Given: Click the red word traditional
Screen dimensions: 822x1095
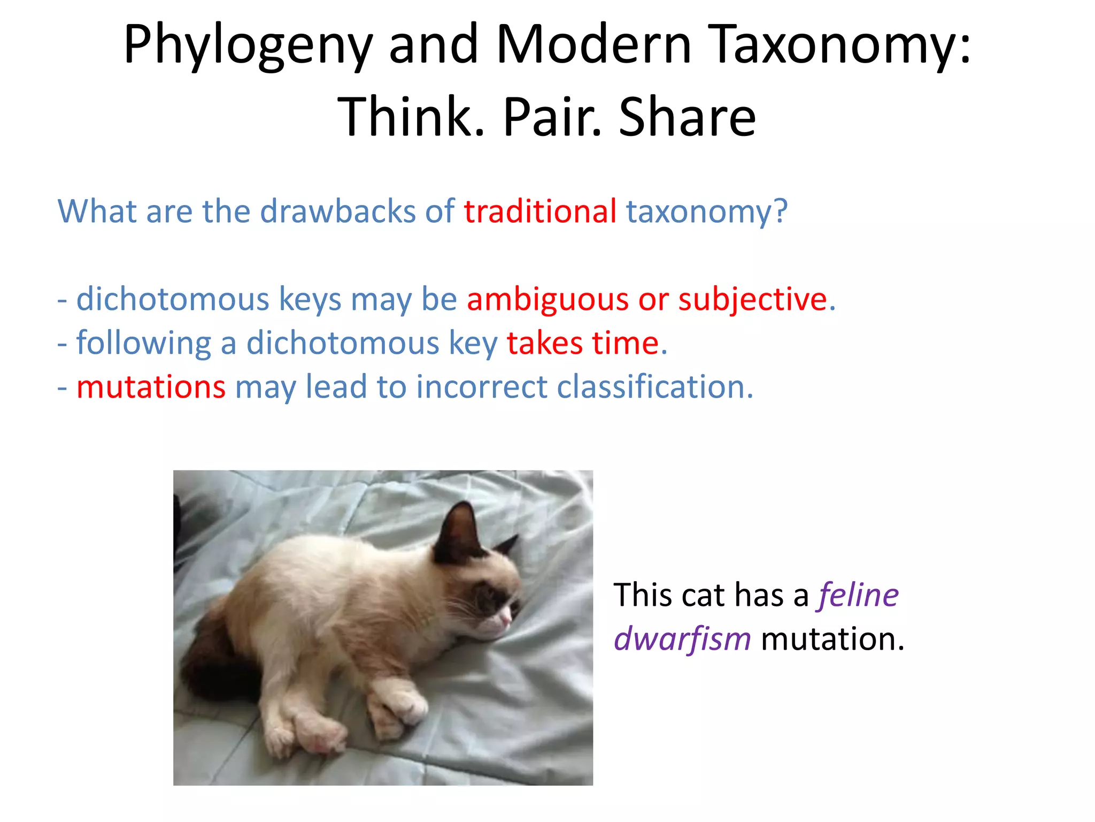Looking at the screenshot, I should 540,211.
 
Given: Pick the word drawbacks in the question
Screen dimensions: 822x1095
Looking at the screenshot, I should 337,211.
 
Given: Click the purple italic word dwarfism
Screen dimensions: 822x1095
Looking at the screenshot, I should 682,639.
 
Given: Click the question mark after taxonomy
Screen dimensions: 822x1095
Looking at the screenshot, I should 781,211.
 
